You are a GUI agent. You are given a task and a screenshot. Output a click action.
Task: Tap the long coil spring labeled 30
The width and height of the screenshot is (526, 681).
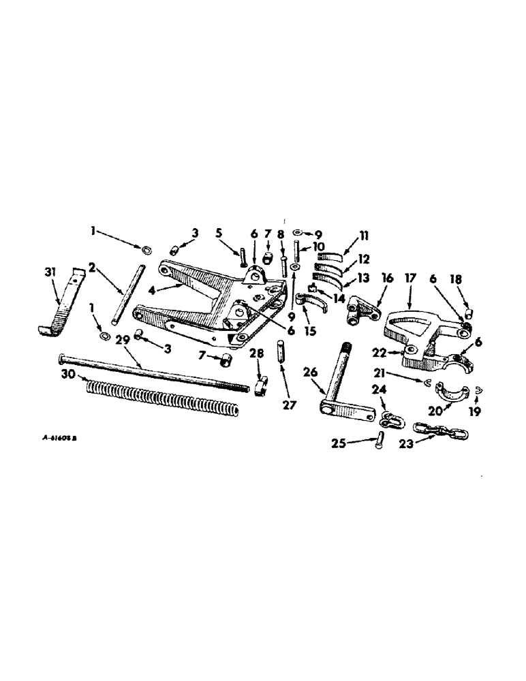(x=164, y=399)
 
